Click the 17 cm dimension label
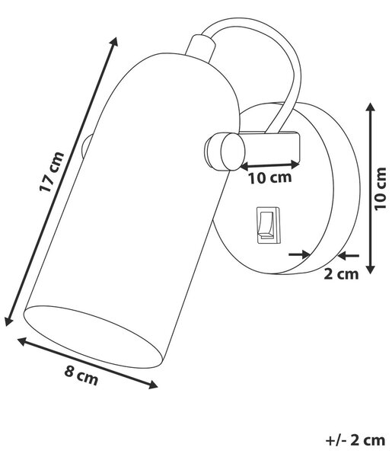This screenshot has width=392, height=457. pos(52,171)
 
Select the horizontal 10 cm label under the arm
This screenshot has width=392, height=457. pos(270,177)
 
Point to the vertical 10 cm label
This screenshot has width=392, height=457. pos(381,188)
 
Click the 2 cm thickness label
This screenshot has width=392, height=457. pos(341,274)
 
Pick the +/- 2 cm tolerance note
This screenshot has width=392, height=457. pos(355,440)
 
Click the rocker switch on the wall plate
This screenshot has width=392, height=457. pos(268,225)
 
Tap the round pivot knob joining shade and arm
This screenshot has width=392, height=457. pos(225,152)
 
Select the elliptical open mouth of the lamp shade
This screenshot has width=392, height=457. pos(93,337)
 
